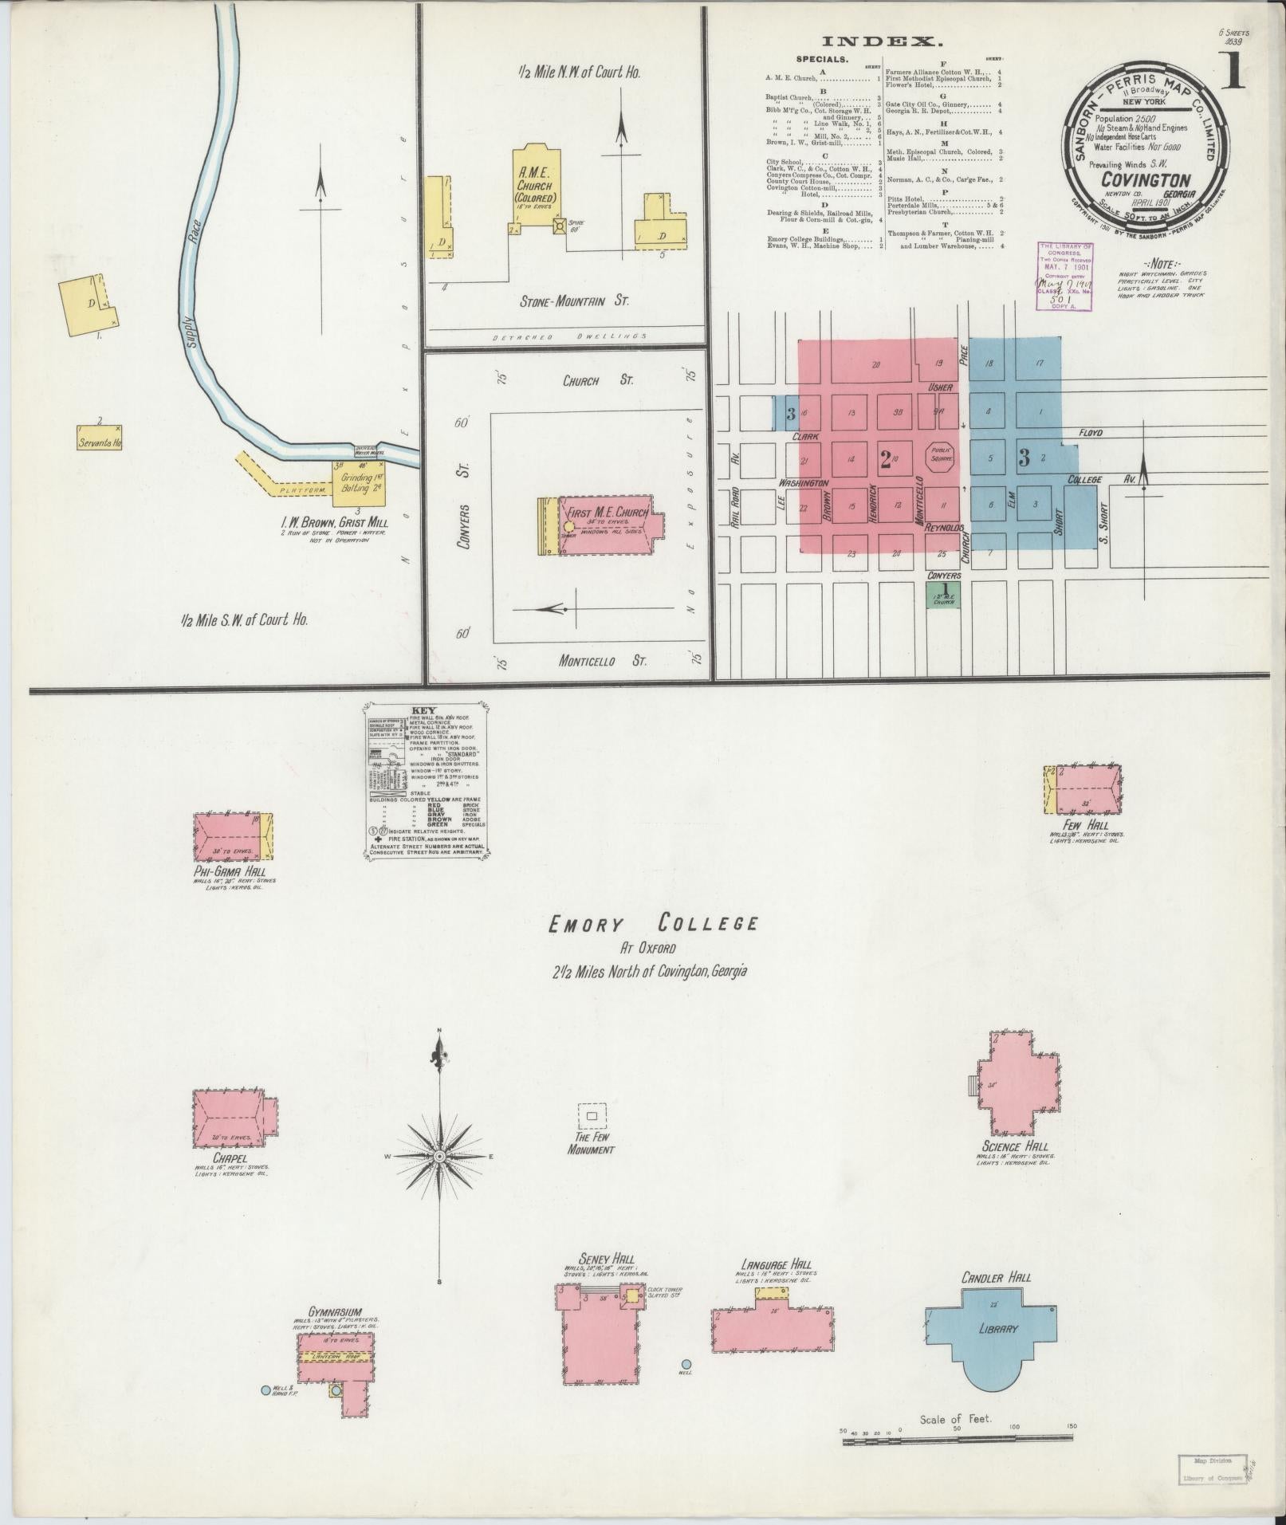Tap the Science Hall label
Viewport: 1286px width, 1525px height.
(1015, 1146)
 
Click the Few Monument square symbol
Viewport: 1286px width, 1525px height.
(592, 1116)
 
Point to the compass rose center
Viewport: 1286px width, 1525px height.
(439, 1155)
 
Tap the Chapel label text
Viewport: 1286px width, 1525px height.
(230, 1158)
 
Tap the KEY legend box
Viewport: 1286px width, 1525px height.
(425, 780)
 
